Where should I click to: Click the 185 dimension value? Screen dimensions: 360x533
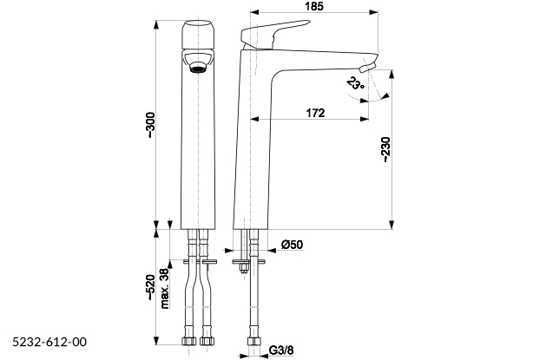[315, 8]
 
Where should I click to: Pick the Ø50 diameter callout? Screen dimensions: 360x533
[292, 245]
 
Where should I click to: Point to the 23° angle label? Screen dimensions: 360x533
[355, 84]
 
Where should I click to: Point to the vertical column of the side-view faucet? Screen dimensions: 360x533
[254, 156]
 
